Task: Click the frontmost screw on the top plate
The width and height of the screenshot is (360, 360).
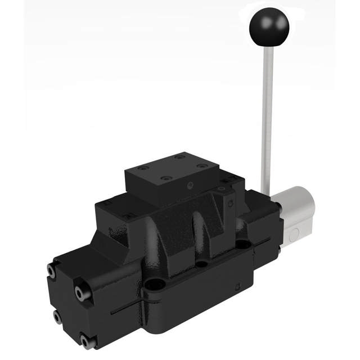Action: [165, 179]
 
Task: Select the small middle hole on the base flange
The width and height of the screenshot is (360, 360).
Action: [201, 263]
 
